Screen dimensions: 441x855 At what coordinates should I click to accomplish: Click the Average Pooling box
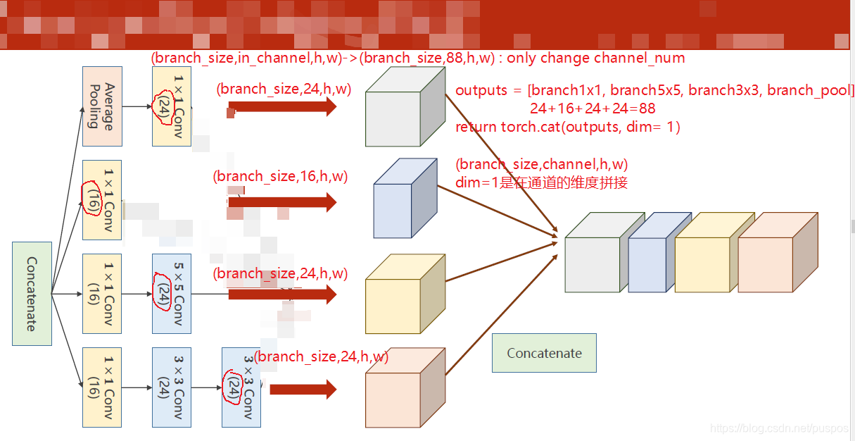point(102,106)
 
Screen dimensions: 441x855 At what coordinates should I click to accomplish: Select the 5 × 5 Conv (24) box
point(172,293)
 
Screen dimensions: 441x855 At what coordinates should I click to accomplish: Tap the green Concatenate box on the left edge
point(32,293)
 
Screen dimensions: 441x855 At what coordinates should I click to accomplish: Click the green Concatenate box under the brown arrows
point(544,353)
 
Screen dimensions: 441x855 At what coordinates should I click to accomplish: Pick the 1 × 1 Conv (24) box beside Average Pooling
point(172,106)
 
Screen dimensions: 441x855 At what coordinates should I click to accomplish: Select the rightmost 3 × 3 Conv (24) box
point(241,387)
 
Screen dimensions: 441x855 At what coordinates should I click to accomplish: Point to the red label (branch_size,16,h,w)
point(280,176)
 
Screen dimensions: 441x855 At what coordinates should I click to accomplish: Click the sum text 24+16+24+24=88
point(593,108)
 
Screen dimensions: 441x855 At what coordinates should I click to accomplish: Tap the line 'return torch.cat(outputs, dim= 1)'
point(567,127)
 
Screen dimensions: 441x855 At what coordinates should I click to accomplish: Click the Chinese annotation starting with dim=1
point(541,182)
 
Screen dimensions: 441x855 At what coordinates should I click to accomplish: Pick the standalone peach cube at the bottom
point(405,389)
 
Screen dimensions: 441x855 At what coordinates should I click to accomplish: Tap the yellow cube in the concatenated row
point(703,258)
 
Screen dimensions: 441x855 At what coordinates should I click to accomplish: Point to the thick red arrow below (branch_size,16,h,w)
point(282,203)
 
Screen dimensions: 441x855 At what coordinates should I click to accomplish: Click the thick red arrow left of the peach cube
point(303,389)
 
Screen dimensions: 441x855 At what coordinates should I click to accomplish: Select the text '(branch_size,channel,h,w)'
point(541,164)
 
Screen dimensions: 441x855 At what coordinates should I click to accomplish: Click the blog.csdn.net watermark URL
point(780,428)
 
